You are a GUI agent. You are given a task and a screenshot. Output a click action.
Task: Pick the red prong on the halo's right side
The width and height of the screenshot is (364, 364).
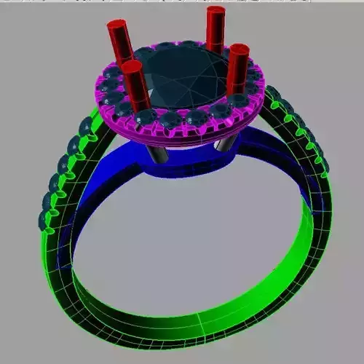tap(237, 69)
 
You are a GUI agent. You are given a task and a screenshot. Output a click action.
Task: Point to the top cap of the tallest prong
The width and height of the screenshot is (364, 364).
tap(215, 10)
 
